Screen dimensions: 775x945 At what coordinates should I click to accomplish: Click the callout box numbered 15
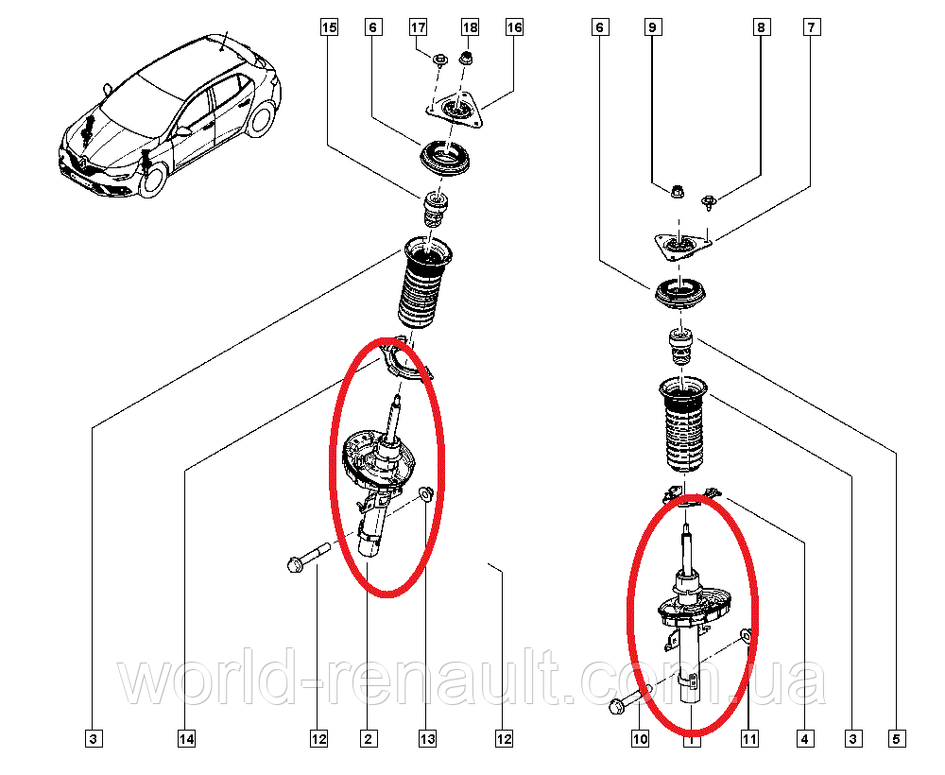tap(328, 28)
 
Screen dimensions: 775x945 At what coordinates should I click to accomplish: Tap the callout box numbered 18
tap(470, 28)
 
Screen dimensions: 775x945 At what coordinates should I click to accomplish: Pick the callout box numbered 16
tap(513, 28)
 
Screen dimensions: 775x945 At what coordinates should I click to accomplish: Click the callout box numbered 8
tap(761, 28)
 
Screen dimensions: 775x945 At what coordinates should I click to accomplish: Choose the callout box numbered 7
tap(810, 28)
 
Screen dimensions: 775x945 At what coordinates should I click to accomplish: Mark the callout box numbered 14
tap(187, 738)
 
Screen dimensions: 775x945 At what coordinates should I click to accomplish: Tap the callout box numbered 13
tap(428, 738)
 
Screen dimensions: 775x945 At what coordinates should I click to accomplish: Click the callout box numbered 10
tap(641, 738)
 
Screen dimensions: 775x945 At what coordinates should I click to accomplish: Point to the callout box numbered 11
tap(749, 738)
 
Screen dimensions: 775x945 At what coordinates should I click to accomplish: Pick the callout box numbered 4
tap(804, 738)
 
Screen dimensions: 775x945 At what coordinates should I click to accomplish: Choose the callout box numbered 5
tap(897, 738)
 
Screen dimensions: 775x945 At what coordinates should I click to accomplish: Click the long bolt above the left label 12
tap(306, 557)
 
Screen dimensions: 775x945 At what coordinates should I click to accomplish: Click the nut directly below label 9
tap(678, 192)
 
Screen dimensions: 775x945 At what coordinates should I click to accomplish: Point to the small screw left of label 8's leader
tap(709, 200)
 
